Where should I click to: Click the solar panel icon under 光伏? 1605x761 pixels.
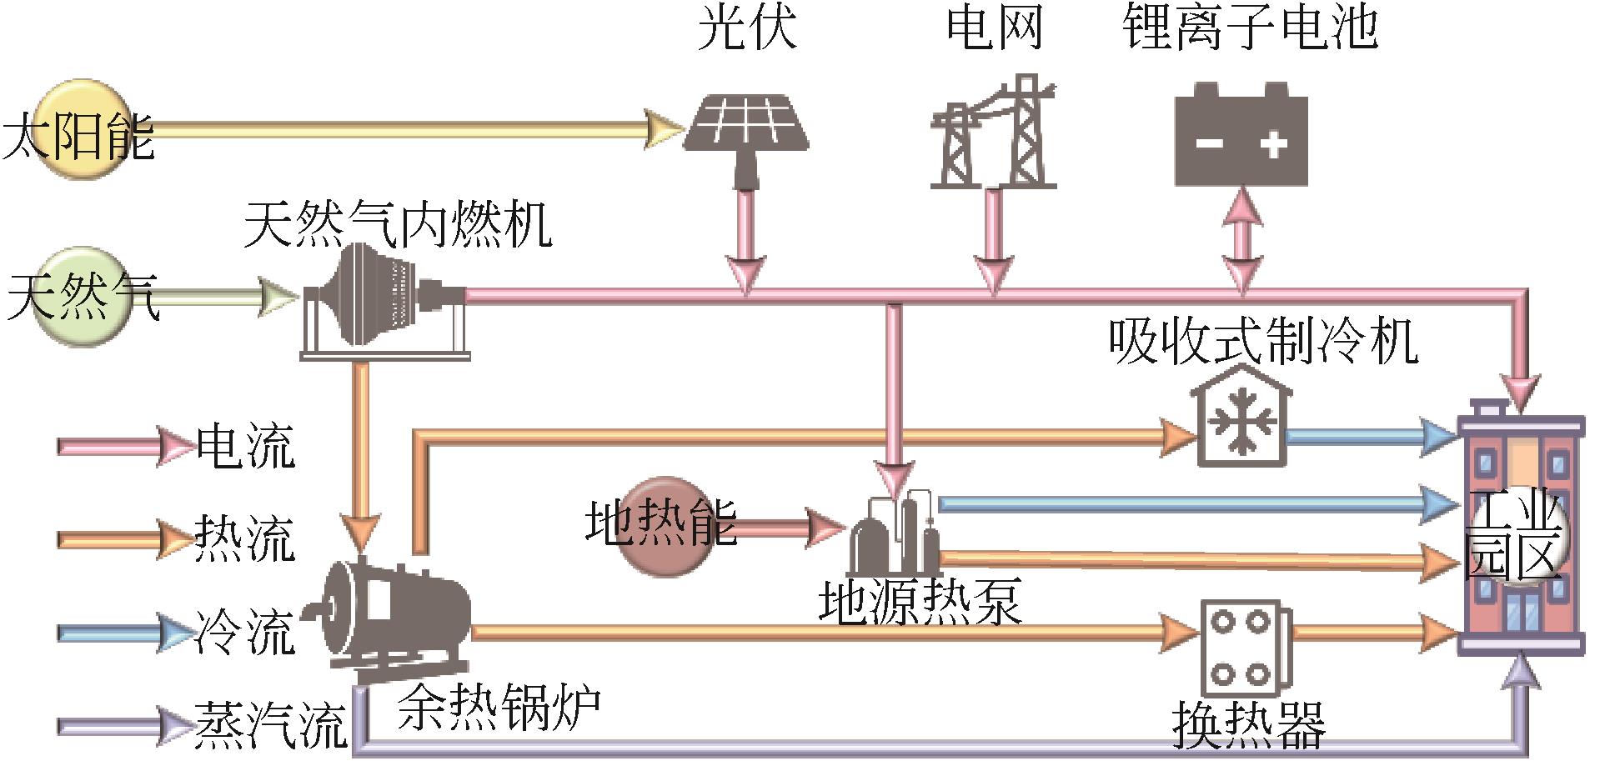click(x=745, y=125)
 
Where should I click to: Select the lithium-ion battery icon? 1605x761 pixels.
click(x=1241, y=135)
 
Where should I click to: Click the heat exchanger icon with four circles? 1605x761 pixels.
click(x=1243, y=650)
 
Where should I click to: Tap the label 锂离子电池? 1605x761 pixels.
click(x=1250, y=27)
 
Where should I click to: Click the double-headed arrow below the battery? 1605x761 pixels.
click(x=1242, y=240)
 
